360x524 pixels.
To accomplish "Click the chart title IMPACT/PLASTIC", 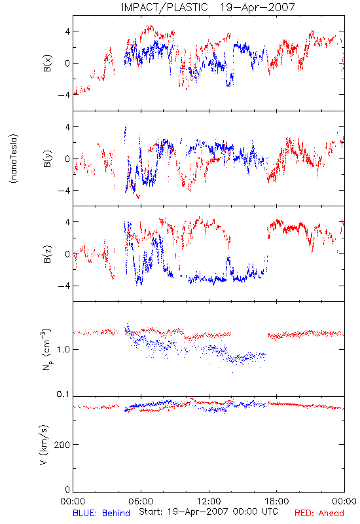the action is pos(165,7).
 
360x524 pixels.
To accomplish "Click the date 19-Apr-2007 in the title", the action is pos(257,7).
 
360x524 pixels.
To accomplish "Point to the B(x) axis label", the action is pos(48,63).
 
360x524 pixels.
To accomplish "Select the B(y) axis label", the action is pos(48,159).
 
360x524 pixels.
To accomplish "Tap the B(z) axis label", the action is pos(48,254).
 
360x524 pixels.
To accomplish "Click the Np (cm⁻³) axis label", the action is pos(46,349).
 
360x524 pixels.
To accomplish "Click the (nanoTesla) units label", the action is pos(14,159).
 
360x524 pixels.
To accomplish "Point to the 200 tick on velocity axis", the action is pos(62,445).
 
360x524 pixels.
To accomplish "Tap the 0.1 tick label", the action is pos(63,394).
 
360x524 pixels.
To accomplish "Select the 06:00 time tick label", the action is pos(141,501).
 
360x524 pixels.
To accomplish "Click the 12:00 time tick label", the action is pos(209,501).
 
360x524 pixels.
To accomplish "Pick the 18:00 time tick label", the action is pos(277,501).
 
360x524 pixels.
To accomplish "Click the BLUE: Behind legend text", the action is pos(101,513).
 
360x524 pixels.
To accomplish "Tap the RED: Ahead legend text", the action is pos(319,513).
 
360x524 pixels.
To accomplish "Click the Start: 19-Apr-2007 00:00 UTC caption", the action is pos(208,512).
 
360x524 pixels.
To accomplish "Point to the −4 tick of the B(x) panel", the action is pos(63,95).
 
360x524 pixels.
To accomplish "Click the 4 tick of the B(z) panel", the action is pos(68,222).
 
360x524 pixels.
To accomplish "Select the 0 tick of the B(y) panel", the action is pos(68,159).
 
